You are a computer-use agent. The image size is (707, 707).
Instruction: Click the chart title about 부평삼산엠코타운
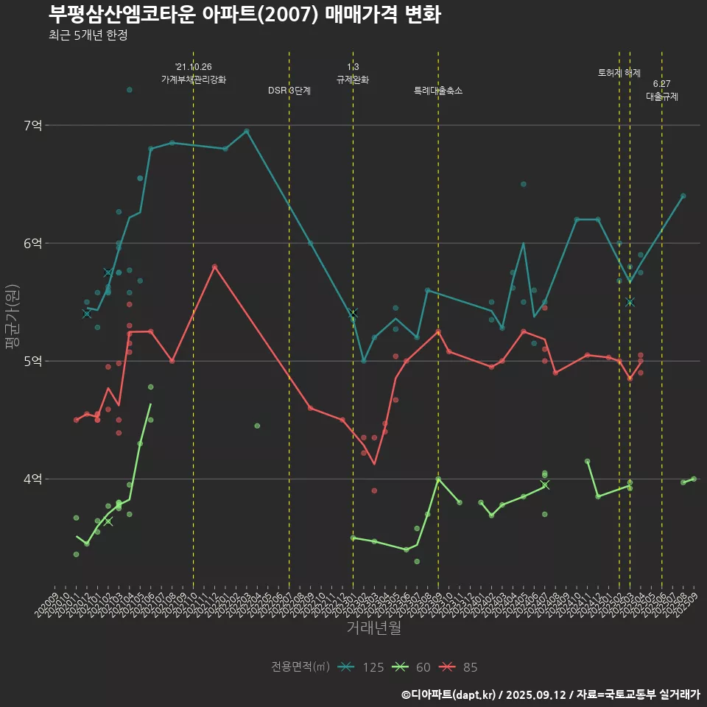click(x=245, y=14)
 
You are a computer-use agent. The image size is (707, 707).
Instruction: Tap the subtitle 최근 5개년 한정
click(x=88, y=35)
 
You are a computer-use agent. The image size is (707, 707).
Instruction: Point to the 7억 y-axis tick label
click(x=33, y=126)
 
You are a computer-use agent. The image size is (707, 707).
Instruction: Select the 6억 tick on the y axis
click(x=33, y=244)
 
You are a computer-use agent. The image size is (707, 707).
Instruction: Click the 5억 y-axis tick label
click(x=33, y=362)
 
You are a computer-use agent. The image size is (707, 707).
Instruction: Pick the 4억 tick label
click(x=33, y=479)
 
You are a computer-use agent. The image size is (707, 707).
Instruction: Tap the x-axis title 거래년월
click(x=374, y=628)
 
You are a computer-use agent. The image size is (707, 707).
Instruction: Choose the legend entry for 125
click(x=361, y=667)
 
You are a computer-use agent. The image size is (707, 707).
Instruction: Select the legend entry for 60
click(x=412, y=667)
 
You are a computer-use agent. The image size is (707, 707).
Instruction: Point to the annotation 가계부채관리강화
click(x=194, y=80)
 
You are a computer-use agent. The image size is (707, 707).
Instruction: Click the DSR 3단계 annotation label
click(x=289, y=91)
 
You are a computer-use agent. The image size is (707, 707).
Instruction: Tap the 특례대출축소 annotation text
click(x=438, y=91)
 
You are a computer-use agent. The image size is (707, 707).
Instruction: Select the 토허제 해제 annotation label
click(x=619, y=73)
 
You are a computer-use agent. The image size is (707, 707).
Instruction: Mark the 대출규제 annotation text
click(x=662, y=96)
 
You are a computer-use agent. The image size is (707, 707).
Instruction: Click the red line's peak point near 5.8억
click(x=214, y=267)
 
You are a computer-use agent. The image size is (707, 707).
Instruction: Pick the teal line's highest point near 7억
click(x=247, y=131)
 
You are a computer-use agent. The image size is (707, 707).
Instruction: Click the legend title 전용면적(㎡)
click(x=300, y=667)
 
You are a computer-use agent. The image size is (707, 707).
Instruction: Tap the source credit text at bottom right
click(x=551, y=694)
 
